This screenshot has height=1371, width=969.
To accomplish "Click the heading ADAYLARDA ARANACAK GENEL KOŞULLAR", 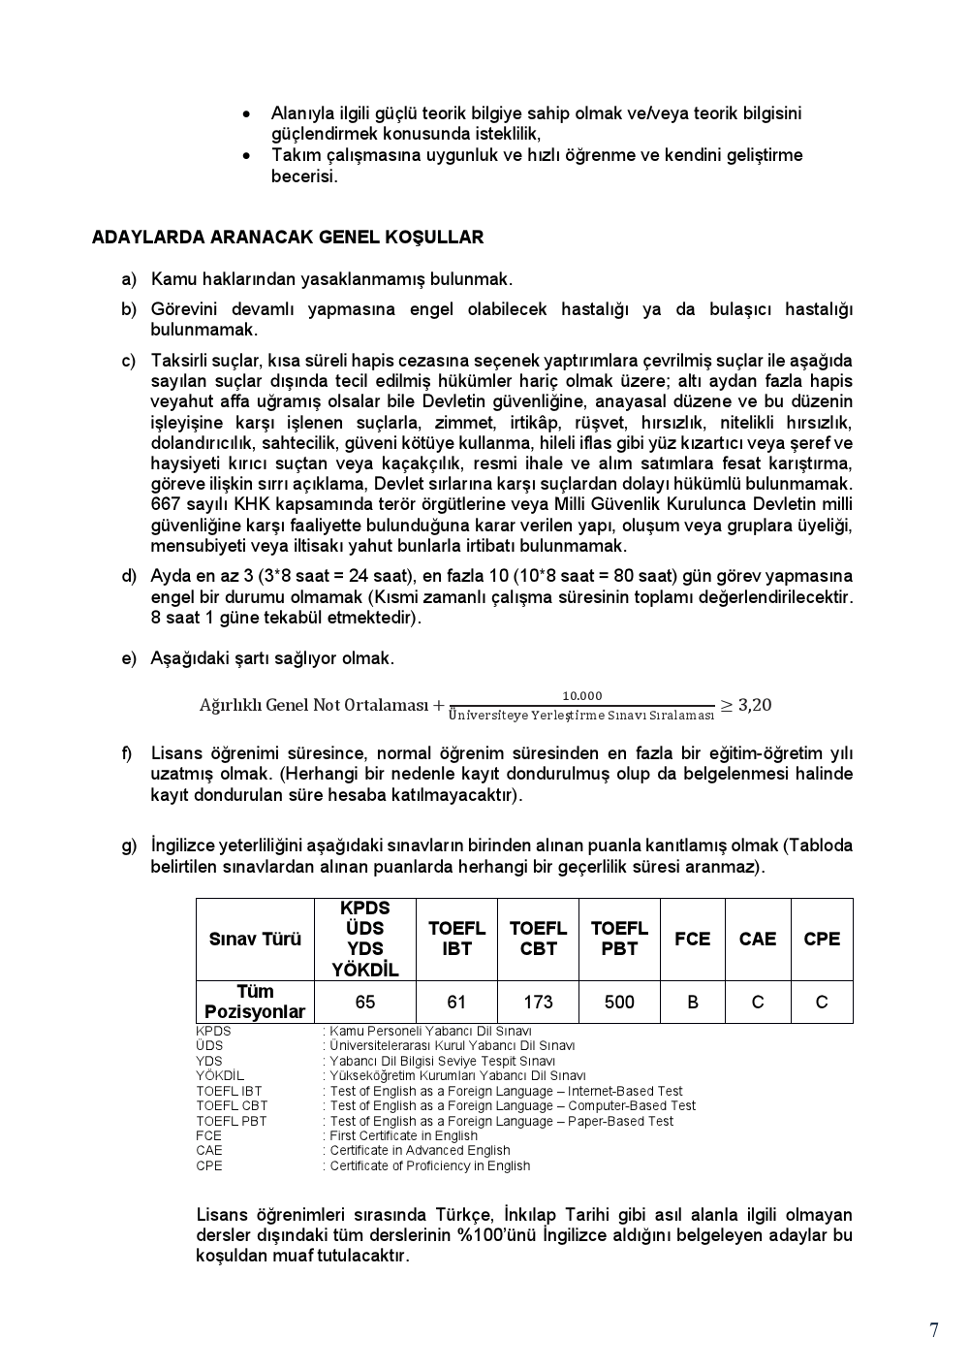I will [287, 238].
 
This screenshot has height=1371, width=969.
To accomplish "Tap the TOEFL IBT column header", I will [456, 939].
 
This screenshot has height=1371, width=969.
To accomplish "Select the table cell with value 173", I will [538, 1003].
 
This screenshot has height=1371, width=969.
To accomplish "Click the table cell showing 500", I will [619, 1003].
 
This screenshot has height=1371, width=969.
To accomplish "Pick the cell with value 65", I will [364, 1003].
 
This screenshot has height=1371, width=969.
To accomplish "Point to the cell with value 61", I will [456, 1003].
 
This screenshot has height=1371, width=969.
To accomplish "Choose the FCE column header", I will [692, 939].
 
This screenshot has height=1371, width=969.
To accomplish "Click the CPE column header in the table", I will [822, 939].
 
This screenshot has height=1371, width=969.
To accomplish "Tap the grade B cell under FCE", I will [692, 1003].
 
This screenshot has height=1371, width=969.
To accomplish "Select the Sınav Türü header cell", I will [255, 939].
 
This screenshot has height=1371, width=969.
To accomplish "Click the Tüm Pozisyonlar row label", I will [255, 1002].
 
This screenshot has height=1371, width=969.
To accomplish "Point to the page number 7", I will [933, 1330].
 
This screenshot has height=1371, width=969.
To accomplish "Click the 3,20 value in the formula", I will [755, 705].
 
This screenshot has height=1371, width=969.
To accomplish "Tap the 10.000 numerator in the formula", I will [582, 695].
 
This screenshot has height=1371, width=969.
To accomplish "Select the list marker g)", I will [129, 845].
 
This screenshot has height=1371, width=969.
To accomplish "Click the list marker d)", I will [129, 576].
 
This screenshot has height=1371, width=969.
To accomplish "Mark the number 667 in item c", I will [166, 504].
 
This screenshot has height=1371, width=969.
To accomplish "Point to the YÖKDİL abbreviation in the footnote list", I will [220, 1075].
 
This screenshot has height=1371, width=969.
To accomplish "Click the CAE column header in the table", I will [757, 939].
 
